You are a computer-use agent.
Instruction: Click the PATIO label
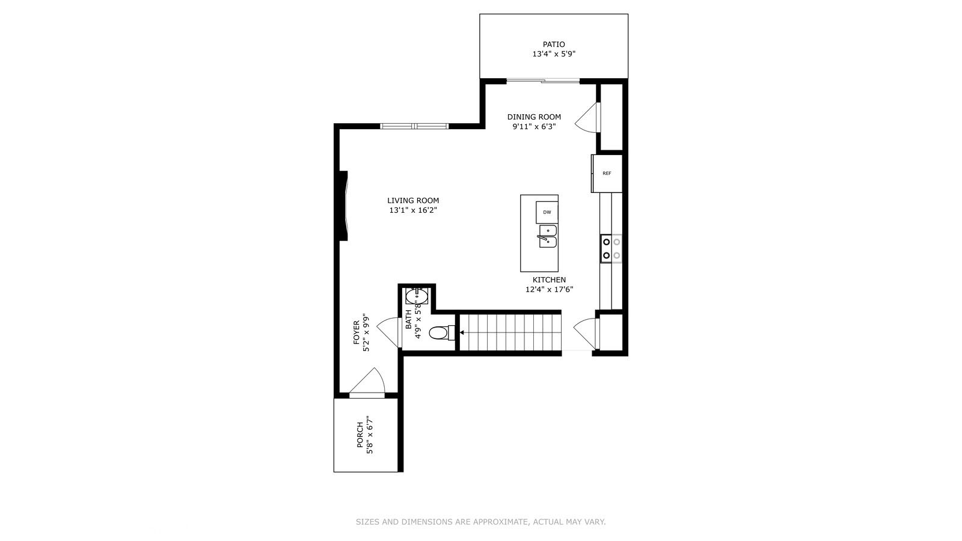coord(554,44)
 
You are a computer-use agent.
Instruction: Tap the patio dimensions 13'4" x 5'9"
coord(554,54)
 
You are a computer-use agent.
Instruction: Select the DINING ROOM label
coord(534,117)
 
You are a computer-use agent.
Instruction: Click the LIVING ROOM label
coord(412,201)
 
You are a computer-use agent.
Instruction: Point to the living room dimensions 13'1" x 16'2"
coord(412,210)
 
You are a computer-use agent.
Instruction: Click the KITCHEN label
coord(549,280)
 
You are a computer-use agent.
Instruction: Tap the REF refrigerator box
coord(607,173)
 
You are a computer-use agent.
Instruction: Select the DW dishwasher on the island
coord(547,212)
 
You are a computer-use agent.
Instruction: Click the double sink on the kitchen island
coord(548,236)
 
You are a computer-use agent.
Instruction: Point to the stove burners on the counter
coord(611,248)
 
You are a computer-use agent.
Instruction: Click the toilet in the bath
coord(441,332)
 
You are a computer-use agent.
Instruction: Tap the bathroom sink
coord(416,296)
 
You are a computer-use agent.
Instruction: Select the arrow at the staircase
coord(462,332)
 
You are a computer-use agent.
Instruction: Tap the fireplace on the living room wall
coord(344,206)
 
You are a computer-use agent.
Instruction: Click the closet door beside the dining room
coord(589,117)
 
